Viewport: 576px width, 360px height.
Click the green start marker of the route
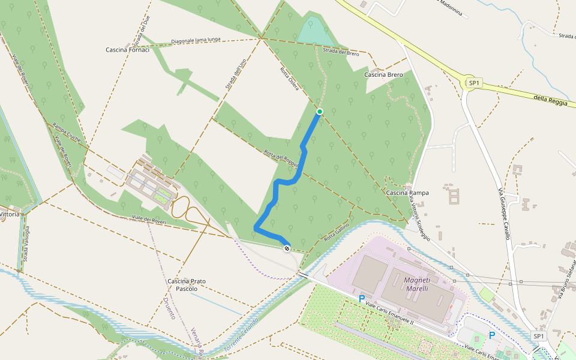tap(320, 111)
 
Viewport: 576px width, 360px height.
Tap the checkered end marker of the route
tap(287, 248)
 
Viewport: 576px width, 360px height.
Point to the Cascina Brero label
tap(383, 74)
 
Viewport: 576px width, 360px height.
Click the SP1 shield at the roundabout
tap(474, 82)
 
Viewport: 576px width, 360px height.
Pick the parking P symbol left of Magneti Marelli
tap(361, 298)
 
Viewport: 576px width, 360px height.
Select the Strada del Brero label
tap(341, 53)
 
